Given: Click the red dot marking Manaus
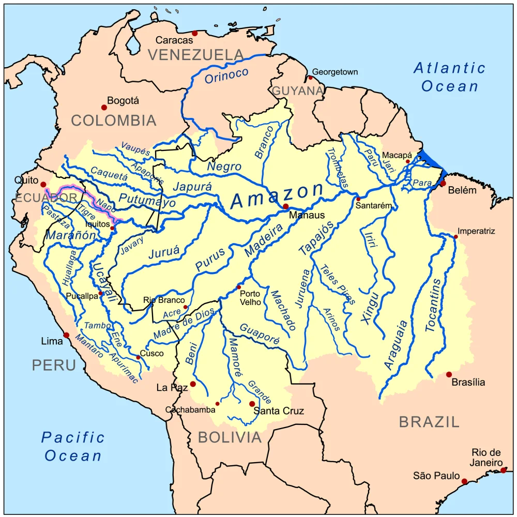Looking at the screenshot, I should click(285, 206).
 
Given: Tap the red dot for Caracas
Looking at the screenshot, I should click(194, 33).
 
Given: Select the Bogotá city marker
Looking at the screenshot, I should click(104, 108).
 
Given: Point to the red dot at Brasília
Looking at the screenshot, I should click(449, 374).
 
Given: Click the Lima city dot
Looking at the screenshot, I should click(66, 335).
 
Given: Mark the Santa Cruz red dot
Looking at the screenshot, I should click(252, 404).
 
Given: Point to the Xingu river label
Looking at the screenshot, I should click(370, 308).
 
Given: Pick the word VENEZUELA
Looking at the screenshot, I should click(195, 54).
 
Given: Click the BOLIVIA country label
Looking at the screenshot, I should click(230, 437).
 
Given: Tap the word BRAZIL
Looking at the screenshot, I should click(429, 422).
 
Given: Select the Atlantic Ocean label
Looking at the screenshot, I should click(450, 77).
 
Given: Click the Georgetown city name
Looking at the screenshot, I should click(335, 72).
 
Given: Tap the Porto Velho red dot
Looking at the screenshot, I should click(239, 287).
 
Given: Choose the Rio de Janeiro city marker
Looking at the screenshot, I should click(504, 470).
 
